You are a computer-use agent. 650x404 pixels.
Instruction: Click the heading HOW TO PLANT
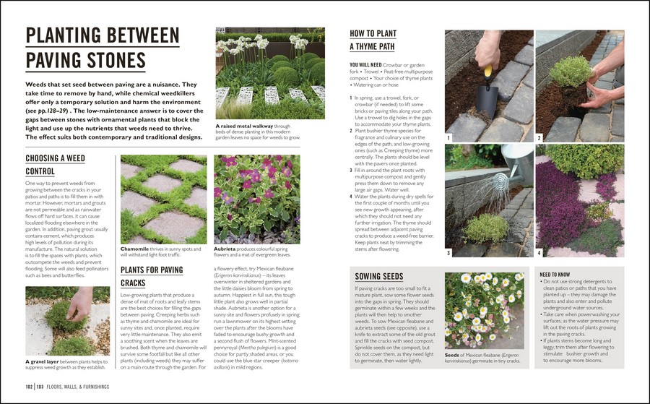tap(372, 33)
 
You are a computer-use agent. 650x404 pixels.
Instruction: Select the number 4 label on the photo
tap(539, 253)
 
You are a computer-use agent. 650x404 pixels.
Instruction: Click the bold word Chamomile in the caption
tap(136, 249)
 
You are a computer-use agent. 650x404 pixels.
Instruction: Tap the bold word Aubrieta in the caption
tap(227, 249)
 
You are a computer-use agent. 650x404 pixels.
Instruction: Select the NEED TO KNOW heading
tap(555, 275)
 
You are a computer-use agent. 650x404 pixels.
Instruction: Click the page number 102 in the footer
tap(28, 387)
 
